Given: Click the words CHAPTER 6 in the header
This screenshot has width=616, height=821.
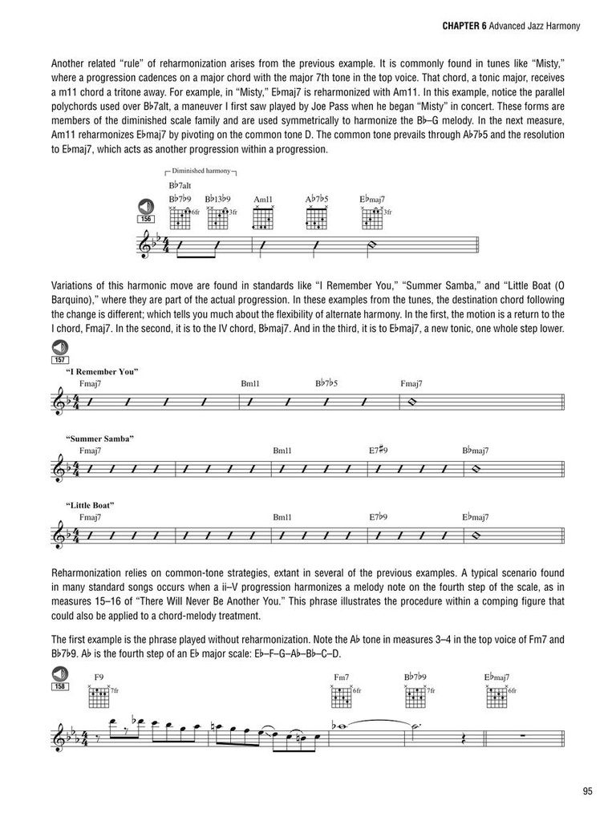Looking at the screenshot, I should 465,26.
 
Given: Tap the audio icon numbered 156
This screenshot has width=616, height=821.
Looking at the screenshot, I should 146,206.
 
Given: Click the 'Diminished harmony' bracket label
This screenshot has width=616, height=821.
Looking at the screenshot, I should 201,172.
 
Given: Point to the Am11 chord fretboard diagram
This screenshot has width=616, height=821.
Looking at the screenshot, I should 263,218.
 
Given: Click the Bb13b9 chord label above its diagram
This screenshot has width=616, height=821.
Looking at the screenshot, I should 217,199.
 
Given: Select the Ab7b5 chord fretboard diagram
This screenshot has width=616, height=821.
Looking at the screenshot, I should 316,218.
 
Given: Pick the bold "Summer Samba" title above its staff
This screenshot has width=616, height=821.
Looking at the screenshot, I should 100,439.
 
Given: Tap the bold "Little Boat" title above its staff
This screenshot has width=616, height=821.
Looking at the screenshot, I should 91,504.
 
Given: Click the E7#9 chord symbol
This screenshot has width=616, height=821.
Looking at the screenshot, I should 379,451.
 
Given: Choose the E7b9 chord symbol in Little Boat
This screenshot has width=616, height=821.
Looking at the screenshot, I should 379,517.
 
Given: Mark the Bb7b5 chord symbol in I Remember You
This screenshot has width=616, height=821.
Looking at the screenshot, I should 326,384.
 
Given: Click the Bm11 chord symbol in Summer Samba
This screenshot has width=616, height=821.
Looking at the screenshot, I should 282,451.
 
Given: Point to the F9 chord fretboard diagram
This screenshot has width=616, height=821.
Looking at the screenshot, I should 99,697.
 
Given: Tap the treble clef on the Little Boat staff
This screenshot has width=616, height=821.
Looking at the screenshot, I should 59,535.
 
